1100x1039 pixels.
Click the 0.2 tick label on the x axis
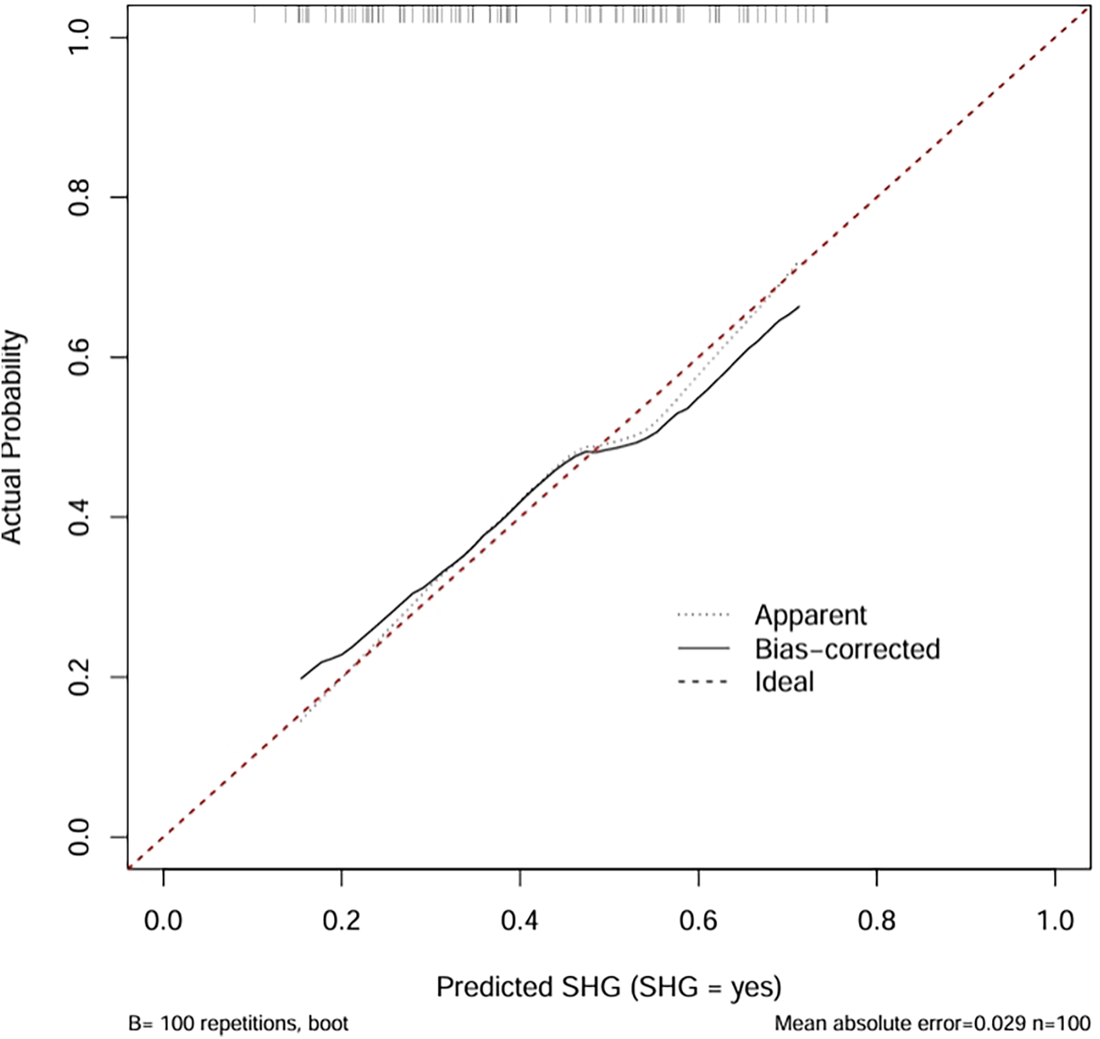(x=341, y=920)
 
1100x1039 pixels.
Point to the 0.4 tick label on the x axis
(x=519, y=920)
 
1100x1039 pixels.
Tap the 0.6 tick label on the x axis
(x=698, y=920)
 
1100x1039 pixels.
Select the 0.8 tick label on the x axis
(x=876, y=920)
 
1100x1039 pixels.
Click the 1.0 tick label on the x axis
(x=1054, y=920)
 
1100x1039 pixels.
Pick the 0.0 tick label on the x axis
(x=163, y=920)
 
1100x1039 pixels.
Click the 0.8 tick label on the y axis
(x=79, y=197)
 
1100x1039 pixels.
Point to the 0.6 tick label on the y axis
(x=79, y=357)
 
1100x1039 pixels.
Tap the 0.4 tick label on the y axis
(x=79, y=518)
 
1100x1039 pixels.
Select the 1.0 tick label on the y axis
(x=79, y=37)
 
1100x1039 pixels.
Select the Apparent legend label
(x=810, y=615)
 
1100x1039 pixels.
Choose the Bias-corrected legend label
(x=847, y=649)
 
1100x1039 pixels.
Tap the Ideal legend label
(x=784, y=682)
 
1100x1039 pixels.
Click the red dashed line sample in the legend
(x=703, y=682)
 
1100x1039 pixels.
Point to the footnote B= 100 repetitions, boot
(x=238, y=1023)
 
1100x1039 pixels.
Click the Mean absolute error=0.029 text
(x=900, y=1023)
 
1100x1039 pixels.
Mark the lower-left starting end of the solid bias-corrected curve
(x=301, y=679)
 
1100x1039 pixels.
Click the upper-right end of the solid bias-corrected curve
(x=799, y=306)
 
